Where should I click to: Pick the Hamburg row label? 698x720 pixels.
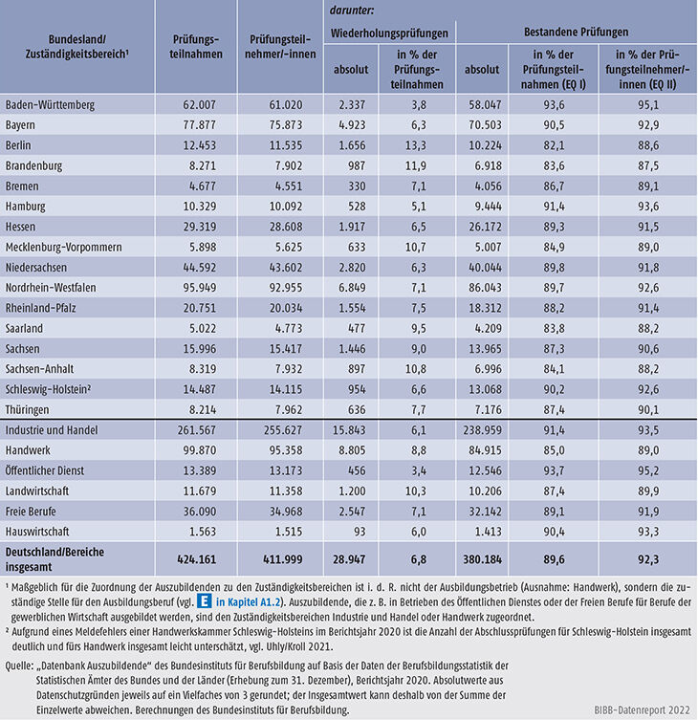coord(28,207)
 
